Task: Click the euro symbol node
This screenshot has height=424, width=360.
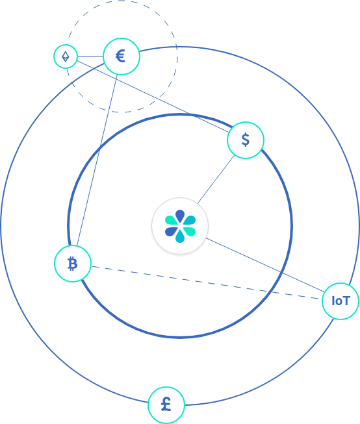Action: coord(122,56)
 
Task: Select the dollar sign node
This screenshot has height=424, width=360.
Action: coord(246,140)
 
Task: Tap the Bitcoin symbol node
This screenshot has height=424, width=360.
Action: coord(73,264)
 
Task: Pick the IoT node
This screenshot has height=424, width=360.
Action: coord(341,301)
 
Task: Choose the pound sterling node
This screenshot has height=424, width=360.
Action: coord(166,405)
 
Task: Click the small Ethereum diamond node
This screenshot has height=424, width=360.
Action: coord(66,56)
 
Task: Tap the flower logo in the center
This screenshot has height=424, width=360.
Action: coord(180,226)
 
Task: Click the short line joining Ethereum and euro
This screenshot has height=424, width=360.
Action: coord(90,56)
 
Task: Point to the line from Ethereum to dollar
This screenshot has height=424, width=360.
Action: coord(153,96)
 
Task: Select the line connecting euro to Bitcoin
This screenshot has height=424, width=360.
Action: coord(97,160)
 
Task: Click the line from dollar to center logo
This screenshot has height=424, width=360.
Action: coord(216,179)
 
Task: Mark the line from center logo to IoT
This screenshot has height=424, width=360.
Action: coord(265,265)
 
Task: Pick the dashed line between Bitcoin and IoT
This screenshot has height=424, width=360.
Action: coord(207,283)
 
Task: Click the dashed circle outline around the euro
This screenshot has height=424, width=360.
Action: coord(177,56)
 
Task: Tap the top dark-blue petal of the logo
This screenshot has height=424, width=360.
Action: coord(180,216)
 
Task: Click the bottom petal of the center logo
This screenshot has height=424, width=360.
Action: coord(180,236)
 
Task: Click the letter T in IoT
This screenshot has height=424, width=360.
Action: coord(347,301)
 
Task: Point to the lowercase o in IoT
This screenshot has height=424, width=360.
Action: coord(339,302)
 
